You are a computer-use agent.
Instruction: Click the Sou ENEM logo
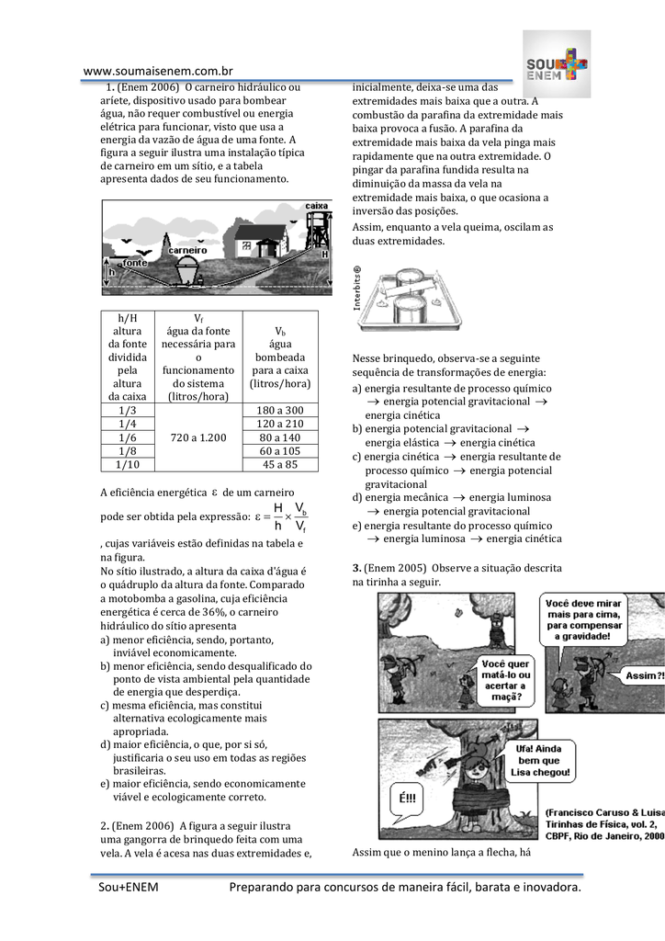[557, 64]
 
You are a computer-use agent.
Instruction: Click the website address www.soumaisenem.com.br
[158, 71]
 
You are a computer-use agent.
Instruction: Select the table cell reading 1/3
[127, 410]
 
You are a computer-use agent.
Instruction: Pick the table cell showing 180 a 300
[280, 410]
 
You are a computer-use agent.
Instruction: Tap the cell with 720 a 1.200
[198, 437]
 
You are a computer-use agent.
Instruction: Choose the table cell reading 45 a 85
[280, 465]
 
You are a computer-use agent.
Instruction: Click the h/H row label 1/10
[127, 465]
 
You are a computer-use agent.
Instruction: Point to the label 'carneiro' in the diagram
[186, 250]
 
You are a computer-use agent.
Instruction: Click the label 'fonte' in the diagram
[136, 263]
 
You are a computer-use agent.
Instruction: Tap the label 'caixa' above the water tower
[316, 206]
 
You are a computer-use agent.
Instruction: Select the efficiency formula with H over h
[281, 516]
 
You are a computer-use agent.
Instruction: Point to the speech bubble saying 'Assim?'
[644, 675]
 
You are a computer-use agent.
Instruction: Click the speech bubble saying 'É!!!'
[407, 796]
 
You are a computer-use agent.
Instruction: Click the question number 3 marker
[356, 569]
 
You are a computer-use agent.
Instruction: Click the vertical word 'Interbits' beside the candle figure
[357, 289]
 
